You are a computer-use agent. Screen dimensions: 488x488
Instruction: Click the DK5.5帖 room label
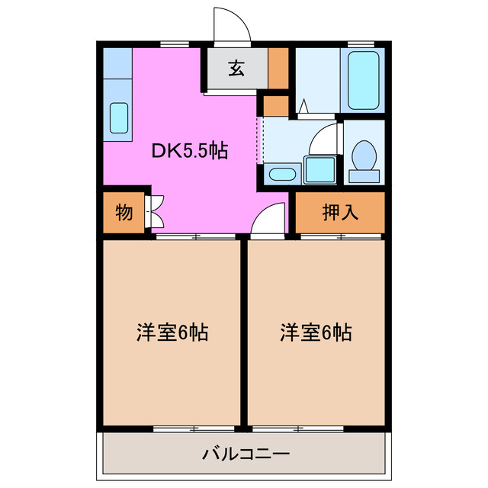[189, 151]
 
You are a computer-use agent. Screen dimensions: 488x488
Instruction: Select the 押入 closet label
[340, 213]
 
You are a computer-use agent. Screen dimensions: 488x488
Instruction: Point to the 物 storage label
[123, 213]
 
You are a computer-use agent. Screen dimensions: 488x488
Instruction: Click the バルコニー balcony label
[246, 454]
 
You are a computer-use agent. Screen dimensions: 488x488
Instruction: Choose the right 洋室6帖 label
[315, 332]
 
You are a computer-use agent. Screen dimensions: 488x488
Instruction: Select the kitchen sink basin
[119, 117]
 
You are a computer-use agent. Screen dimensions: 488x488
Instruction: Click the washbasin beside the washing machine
[283, 172]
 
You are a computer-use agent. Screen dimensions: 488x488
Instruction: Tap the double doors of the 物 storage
[155, 213]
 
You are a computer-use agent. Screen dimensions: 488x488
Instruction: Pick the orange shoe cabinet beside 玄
[278, 69]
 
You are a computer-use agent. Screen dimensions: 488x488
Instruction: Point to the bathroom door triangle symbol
[303, 107]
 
